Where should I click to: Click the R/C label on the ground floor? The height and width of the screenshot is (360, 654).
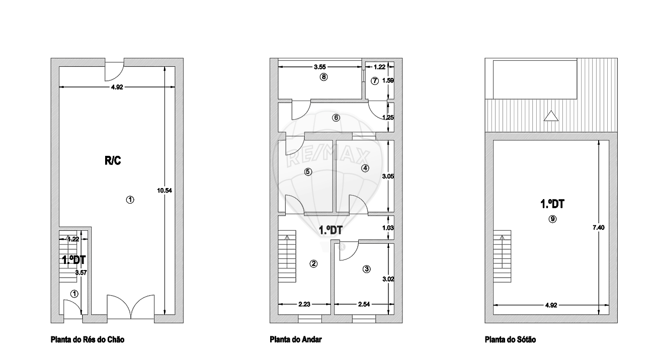(x=113, y=160)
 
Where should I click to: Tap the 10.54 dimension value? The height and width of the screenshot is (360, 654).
(x=165, y=191)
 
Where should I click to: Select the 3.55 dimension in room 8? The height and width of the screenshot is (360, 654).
(x=319, y=67)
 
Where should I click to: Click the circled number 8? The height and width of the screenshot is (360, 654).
(x=323, y=77)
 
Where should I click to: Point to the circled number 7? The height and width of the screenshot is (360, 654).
(x=375, y=81)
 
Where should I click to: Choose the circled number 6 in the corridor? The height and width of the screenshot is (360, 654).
(x=336, y=118)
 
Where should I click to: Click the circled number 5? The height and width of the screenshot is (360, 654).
(x=308, y=171)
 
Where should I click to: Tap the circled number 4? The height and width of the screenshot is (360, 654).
(x=365, y=168)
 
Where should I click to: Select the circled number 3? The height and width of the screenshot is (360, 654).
(x=366, y=269)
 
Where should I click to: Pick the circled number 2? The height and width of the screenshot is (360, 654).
(x=313, y=264)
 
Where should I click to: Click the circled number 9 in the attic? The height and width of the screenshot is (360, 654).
(x=552, y=219)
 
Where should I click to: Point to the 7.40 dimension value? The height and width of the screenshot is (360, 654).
(x=599, y=228)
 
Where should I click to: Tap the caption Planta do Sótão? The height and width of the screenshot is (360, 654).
(x=510, y=339)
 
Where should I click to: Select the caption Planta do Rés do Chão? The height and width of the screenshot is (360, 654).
(x=88, y=339)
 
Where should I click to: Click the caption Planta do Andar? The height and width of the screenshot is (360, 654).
(x=296, y=339)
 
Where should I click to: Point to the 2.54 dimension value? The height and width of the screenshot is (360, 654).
(x=364, y=304)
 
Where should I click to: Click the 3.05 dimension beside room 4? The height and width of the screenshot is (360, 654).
(x=388, y=176)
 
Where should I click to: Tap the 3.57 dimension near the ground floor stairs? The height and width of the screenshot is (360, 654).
(x=81, y=273)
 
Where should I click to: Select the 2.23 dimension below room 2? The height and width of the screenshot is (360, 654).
(x=304, y=304)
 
